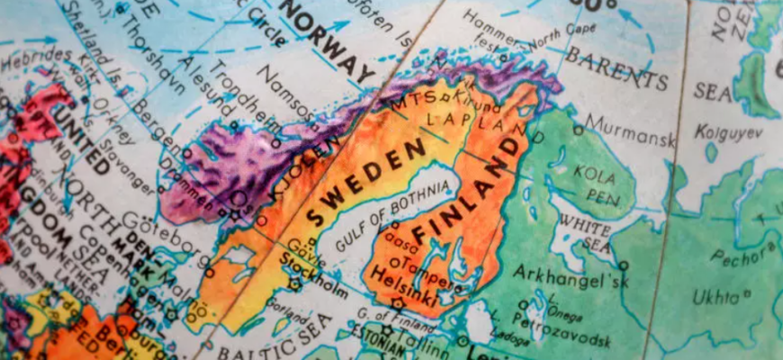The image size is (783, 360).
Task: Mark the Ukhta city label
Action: (x=716, y=296)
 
